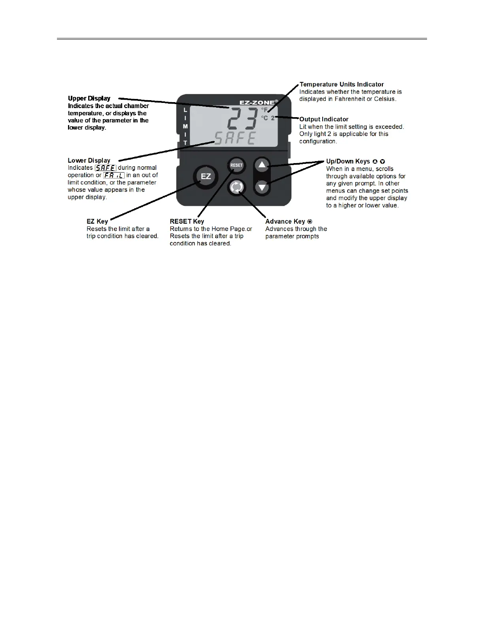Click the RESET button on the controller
click(236, 165)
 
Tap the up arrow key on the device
click(262, 165)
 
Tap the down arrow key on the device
click(262, 187)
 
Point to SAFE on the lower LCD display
click(235, 138)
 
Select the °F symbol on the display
click(264, 110)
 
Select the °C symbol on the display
click(264, 118)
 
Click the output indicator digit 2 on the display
click(273, 118)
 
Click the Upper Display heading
click(89, 98)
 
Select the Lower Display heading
click(89, 160)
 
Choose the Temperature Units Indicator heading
click(342, 84)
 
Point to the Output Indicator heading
click(324, 119)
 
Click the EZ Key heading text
click(97, 221)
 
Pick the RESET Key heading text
click(187, 221)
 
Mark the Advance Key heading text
click(285, 221)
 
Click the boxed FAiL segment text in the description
click(114, 175)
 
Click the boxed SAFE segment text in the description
click(106, 168)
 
